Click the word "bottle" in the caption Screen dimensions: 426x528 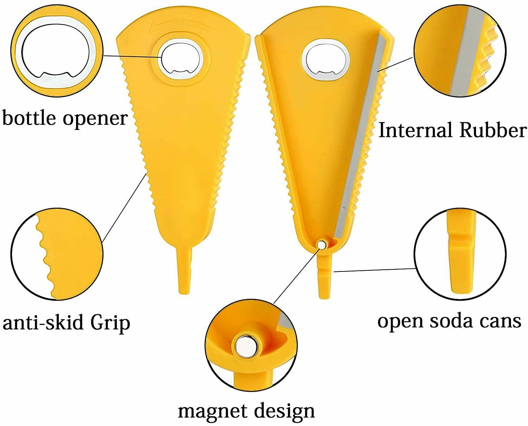pos(29,118)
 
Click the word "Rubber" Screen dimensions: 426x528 pos(493,130)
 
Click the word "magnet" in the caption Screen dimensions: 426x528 pos(212,411)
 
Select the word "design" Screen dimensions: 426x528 pos(284,412)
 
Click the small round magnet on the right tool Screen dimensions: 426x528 pos(321,244)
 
